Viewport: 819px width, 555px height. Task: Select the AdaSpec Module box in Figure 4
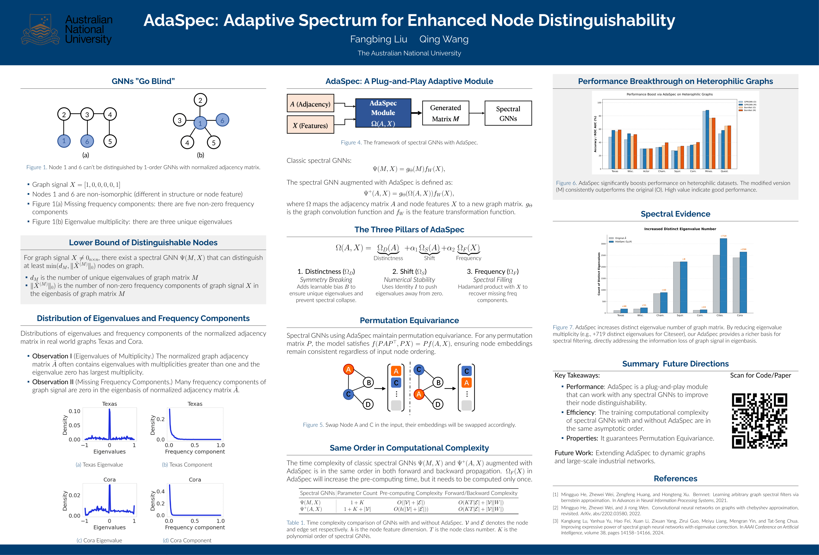tap(383, 113)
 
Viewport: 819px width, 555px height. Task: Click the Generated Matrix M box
tap(445, 113)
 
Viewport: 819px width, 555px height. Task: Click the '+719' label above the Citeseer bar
tap(723, 236)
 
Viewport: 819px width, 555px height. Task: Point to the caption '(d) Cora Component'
tap(187, 540)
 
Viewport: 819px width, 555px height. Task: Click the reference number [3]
tap(555, 521)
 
